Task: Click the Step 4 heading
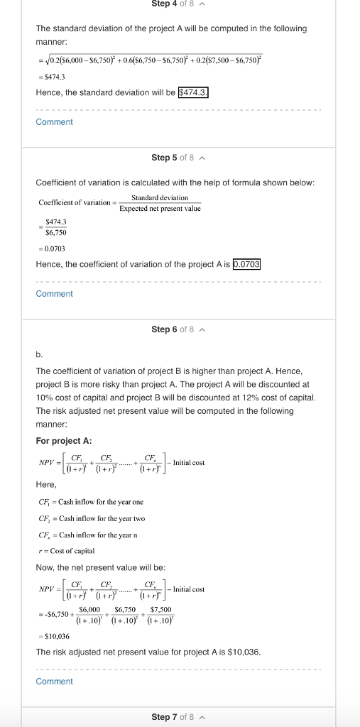click(170, 4)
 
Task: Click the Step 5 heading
click(170, 157)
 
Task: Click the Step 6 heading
click(170, 329)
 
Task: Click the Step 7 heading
click(170, 717)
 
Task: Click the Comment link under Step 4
click(54, 122)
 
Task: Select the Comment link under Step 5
click(54, 294)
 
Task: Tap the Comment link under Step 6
click(54, 682)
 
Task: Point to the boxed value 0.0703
click(247, 265)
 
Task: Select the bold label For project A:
click(63, 441)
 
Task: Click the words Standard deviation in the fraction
click(160, 197)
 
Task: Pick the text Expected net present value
click(160, 208)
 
